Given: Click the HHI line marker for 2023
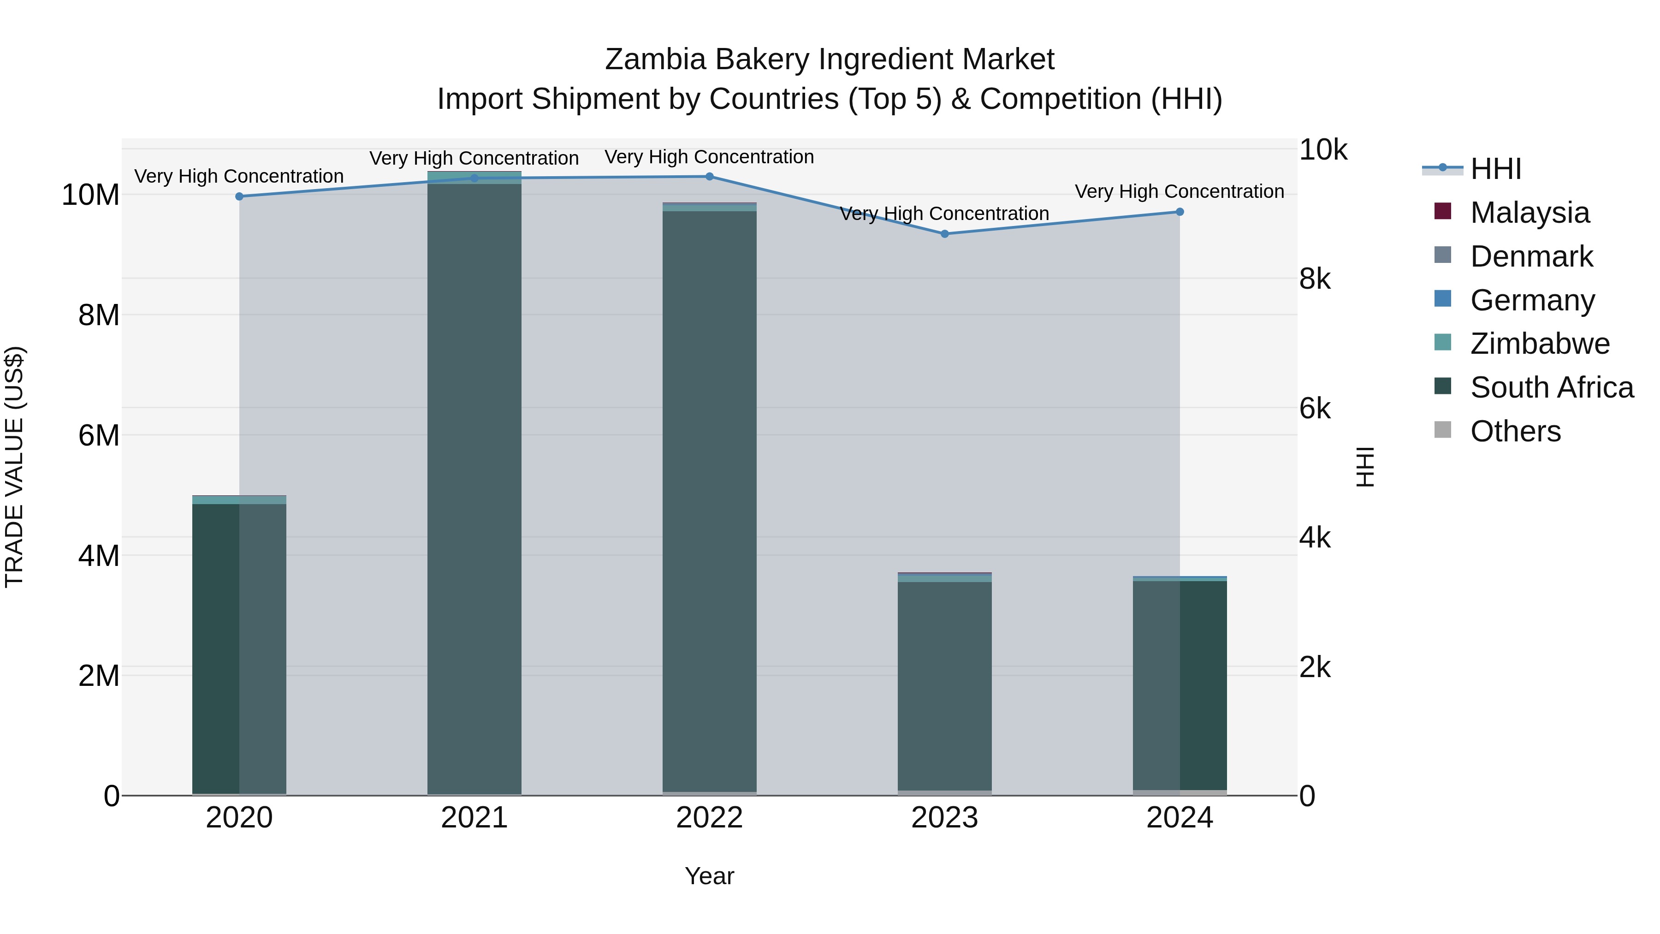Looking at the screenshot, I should pyautogui.click(x=945, y=234).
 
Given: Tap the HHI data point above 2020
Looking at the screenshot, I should pyautogui.click(x=239, y=196).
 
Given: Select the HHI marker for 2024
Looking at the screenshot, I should pyautogui.click(x=1180, y=212).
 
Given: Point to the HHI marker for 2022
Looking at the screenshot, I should pyautogui.click(x=710, y=177).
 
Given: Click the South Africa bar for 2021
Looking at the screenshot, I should pyautogui.click(x=474, y=490).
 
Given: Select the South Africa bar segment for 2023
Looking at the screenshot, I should pyautogui.click(x=945, y=686).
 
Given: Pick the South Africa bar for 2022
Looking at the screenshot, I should pyautogui.click(x=710, y=503).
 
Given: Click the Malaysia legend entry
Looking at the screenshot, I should pyautogui.click(x=1529, y=213).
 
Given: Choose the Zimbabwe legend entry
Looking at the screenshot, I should pyautogui.click(x=1540, y=344).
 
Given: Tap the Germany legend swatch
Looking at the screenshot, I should pyautogui.click(x=1443, y=299).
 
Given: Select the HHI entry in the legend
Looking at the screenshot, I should pyautogui.click(x=1495, y=169).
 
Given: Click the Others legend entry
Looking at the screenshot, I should pyautogui.click(x=1515, y=431).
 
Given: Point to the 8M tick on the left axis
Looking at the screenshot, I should pyautogui.click(x=99, y=315).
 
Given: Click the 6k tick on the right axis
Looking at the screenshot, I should pyautogui.click(x=1315, y=409).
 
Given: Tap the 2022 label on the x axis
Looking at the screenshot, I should pyautogui.click(x=710, y=818).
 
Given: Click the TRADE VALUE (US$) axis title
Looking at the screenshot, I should pyautogui.click(x=14, y=467).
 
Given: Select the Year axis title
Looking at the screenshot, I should pyautogui.click(x=710, y=876).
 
